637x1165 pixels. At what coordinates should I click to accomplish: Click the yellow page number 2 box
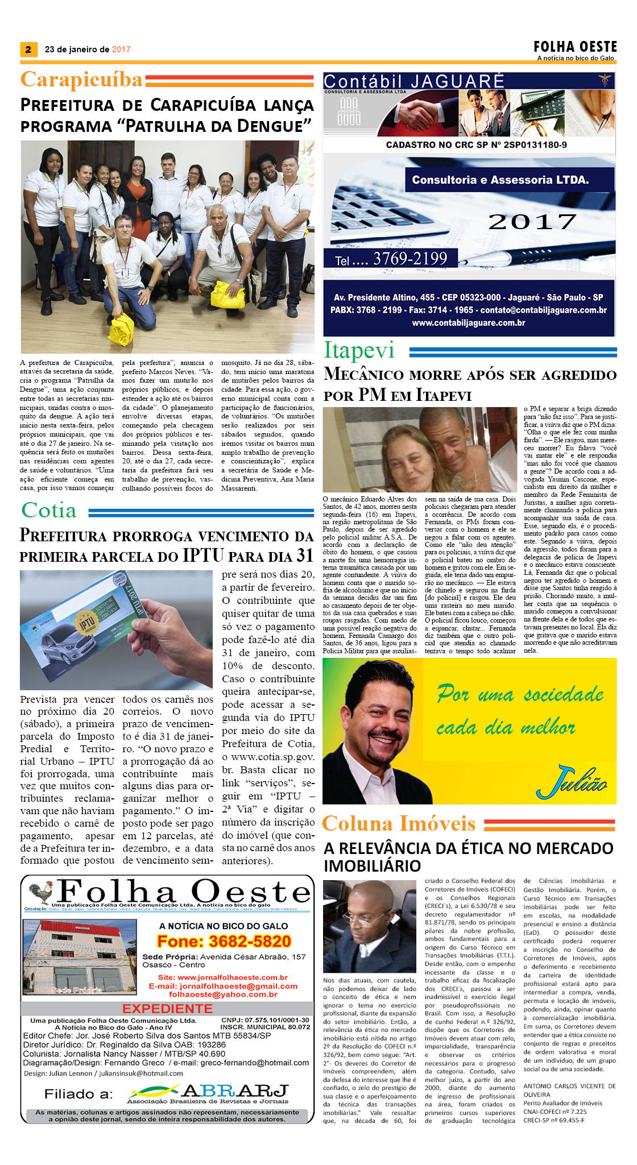(x=28, y=49)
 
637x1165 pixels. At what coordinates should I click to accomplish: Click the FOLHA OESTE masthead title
(x=575, y=47)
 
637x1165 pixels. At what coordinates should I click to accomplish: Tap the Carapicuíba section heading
(x=81, y=80)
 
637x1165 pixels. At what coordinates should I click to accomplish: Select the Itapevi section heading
(x=359, y=350)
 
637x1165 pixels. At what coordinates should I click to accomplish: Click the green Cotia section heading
(x=49, y=510)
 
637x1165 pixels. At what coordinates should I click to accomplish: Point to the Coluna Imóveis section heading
(x=399, y=823)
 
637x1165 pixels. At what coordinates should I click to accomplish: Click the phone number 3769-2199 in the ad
(x=410, y=259)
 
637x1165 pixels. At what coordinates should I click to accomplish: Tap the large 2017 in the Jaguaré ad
(x=532, y=222)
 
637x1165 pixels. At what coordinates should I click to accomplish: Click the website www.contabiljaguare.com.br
(x=468, y=323)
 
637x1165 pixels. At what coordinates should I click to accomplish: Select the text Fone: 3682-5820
(x=224, y=942)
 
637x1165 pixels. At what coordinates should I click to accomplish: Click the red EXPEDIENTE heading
(x=167, y=1009)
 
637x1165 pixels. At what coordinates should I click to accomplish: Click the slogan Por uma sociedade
(x=520, y=694)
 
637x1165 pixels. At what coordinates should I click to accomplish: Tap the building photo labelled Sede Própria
(x=79, y=956)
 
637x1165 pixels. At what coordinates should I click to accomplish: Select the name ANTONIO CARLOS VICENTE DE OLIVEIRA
(x=569, y=1090)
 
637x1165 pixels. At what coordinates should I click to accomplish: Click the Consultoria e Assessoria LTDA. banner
(x=500, y=180)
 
